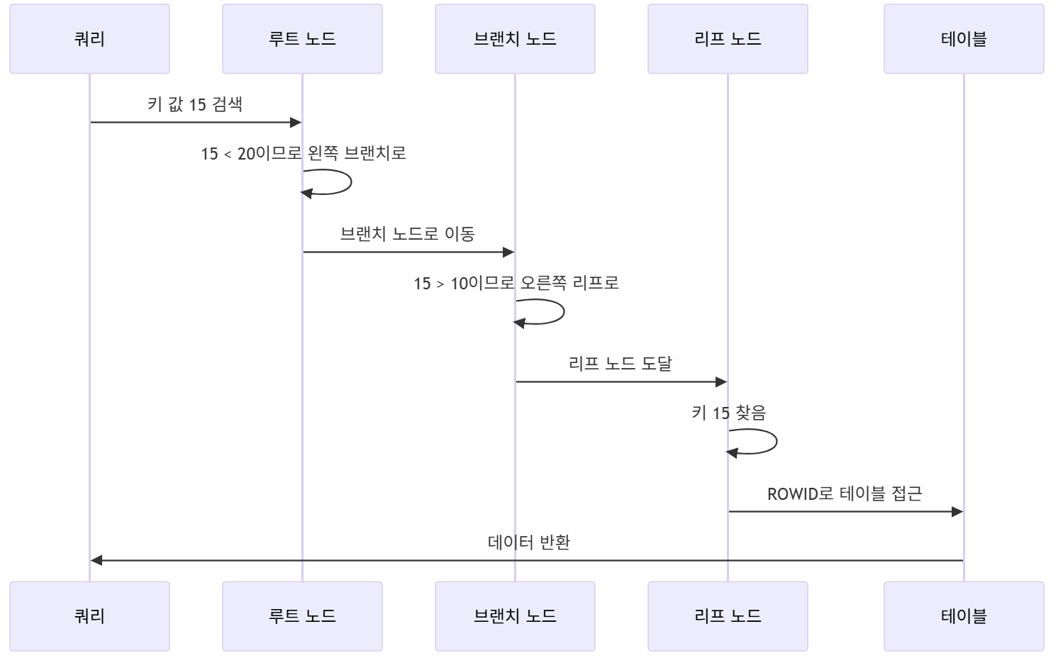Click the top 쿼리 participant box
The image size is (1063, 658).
point(89,39)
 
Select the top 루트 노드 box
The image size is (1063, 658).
point(302,39)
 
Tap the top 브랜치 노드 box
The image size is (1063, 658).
point(515,39)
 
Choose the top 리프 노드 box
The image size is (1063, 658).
point(728,39)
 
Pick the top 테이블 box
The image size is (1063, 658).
point(964,39)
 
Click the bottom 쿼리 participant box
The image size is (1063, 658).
point(89,616)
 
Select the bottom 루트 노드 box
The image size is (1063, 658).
point(302,616)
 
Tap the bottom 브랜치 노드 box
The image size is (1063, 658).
point(515,616)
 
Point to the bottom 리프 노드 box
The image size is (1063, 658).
point(728,616)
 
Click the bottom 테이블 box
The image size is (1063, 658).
point(964,616)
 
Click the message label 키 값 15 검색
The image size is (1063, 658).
point(195,104)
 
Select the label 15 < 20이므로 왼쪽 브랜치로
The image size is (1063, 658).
point(304,153)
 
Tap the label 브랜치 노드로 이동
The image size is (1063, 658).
point(408,234)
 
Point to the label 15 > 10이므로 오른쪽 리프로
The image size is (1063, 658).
point(516,283)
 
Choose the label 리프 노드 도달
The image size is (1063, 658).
point(620,364)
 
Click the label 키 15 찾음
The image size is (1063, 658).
point(729,413)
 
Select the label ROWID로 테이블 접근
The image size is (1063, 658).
point(845,493)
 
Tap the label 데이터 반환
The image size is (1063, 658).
point(529,542)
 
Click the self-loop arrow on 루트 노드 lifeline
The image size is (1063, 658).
point(350,182)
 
